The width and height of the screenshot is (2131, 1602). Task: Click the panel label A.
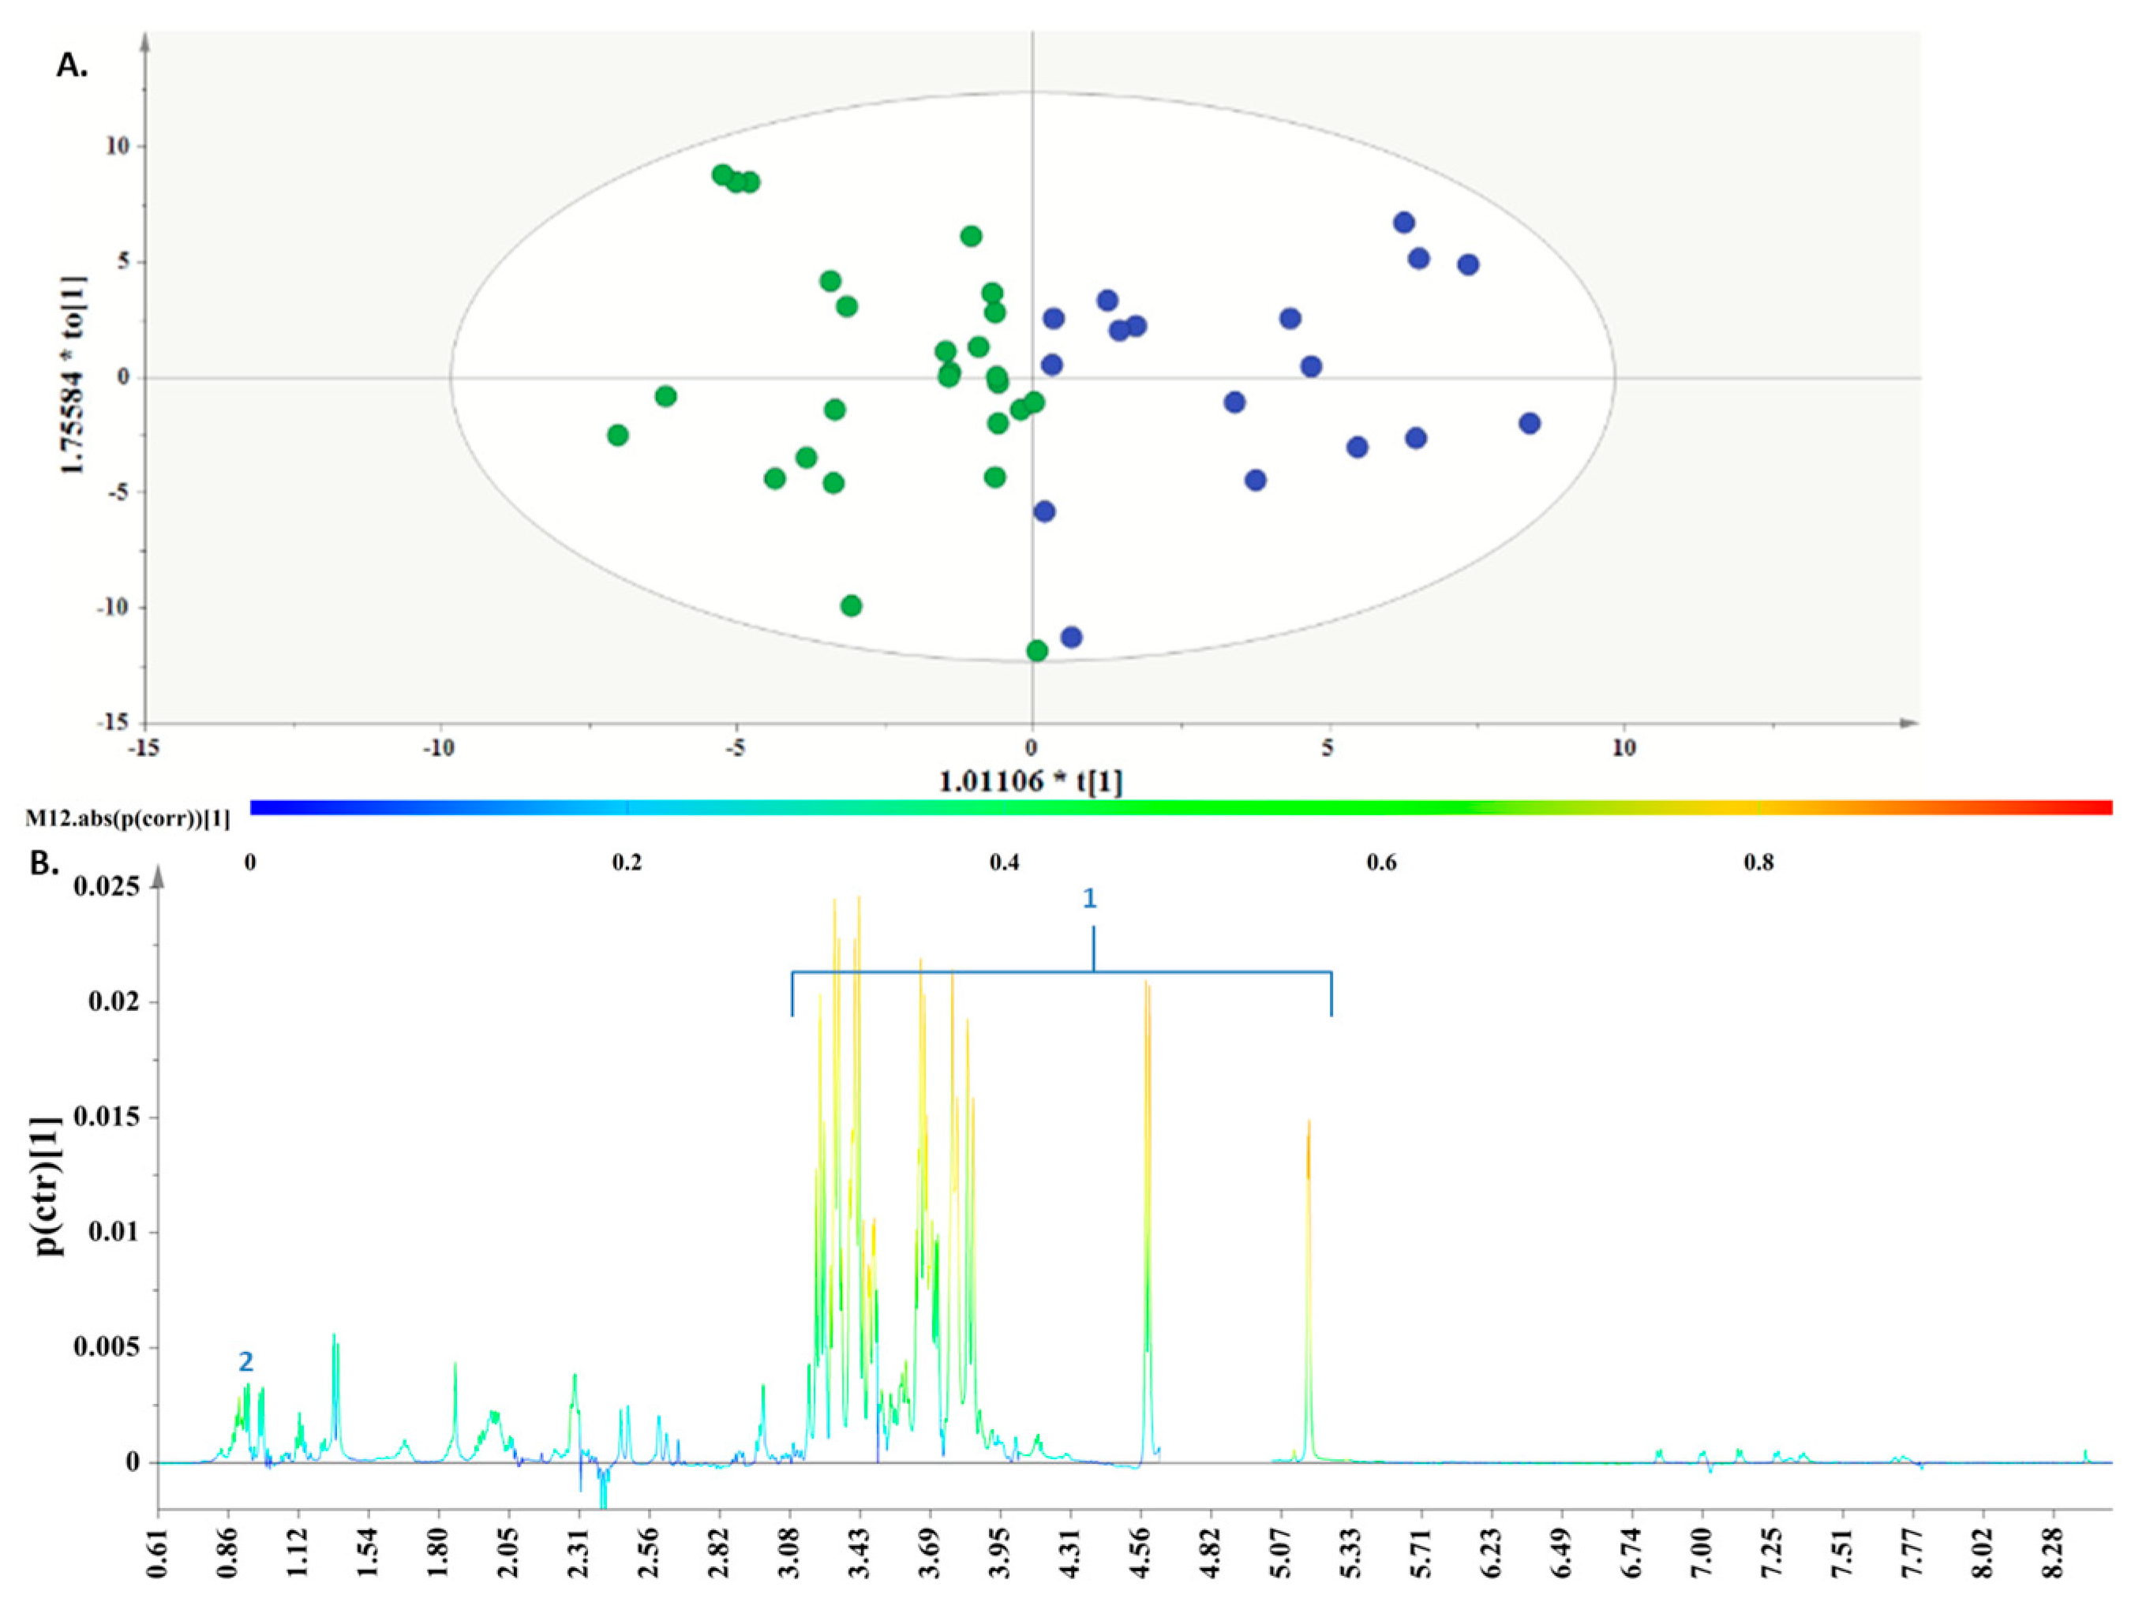click(x=73, y=66)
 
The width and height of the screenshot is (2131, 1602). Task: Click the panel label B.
click(x=45, y=863)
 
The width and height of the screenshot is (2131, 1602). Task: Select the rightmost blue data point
click(x=1529, y=424)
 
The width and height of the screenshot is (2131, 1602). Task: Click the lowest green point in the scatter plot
click(x=1036, y=651)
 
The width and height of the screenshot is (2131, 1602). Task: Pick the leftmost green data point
click(x=617, y=436)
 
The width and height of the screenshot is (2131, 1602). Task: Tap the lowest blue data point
click(x=1071, y=637)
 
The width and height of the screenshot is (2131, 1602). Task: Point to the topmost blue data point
click(x=1403, y=223)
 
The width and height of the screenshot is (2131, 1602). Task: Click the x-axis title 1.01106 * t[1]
click(x=1031, y=781)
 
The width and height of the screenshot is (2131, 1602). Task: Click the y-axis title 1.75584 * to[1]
click(x=73, y=376)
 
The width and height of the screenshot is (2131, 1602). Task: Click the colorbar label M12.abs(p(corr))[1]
click(x=127, y=818)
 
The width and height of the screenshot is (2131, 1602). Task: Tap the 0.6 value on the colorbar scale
click(x=1380, y=863)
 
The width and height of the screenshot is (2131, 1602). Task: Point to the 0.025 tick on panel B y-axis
click(x=106, y=885)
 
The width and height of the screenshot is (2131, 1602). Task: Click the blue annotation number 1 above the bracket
click(x=1090, y=899)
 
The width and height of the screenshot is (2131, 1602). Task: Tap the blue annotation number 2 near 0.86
click(x=245, y=1361)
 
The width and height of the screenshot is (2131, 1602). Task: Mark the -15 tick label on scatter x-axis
click(x=144, y=748)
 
